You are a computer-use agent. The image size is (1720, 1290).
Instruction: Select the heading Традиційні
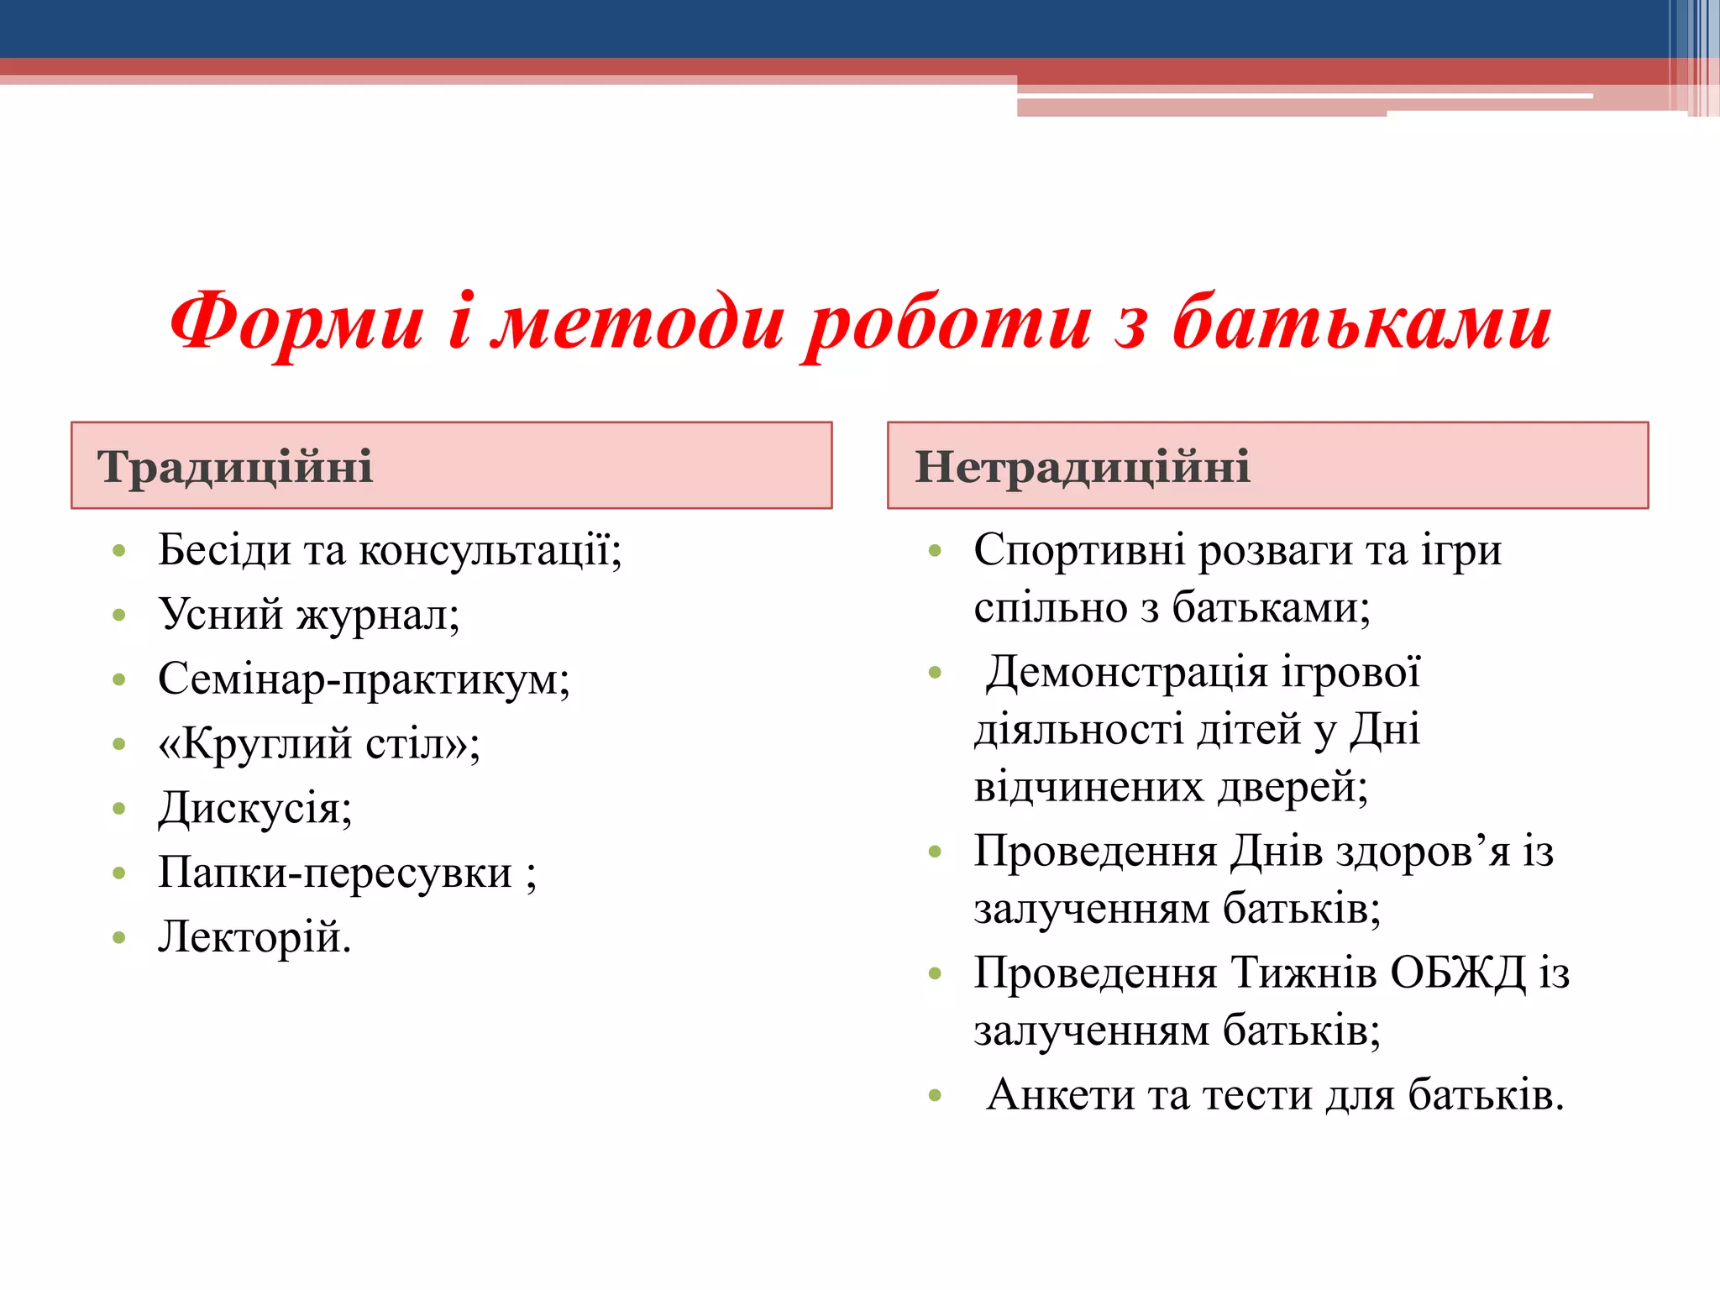[234, 467]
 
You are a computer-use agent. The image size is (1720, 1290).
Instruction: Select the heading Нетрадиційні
[1082, 467]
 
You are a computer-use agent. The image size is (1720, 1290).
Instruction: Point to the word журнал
[378, 616]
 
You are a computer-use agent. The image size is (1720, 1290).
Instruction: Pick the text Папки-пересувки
[334, 873]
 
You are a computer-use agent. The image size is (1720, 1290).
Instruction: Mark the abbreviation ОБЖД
[1457, 974]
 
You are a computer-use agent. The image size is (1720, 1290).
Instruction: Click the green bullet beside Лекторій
[118, 938]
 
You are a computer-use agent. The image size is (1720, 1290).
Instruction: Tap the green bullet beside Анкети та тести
[935, 1095]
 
